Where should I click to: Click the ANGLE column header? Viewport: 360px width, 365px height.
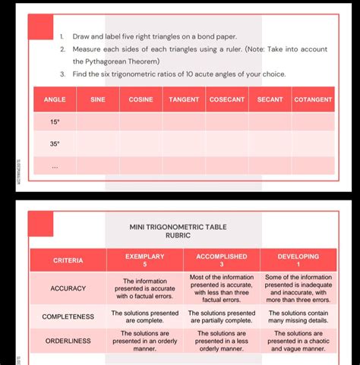(55, 99)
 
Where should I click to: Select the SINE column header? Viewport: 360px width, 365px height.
(98, 99)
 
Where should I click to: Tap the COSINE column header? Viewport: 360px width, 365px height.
(141, 99)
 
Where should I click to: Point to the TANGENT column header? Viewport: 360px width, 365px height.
(184, 99)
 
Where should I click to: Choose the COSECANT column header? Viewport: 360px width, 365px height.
(227, 99)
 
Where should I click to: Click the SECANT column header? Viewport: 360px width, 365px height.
(270, 99)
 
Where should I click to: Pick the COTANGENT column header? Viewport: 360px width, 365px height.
(313, 99)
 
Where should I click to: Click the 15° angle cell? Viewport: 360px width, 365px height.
(55, 121)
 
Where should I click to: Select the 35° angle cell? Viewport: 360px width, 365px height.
(55, 143)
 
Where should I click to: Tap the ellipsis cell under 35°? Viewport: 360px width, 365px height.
(55, 165)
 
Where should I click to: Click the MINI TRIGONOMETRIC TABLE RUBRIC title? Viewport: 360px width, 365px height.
(178, 231)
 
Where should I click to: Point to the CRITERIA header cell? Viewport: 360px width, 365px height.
(68, 260)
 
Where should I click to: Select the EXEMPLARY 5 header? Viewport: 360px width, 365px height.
(145, 260)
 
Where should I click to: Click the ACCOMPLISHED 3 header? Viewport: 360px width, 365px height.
(221, 260)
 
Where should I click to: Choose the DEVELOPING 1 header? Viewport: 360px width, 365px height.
(298, 260)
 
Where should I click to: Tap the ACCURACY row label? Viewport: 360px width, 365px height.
(68, 288)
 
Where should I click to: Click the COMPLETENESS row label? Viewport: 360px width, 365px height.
(68, 316)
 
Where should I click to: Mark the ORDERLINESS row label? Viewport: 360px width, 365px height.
(68, 341)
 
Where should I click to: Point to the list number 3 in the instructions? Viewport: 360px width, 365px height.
(63, 74)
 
